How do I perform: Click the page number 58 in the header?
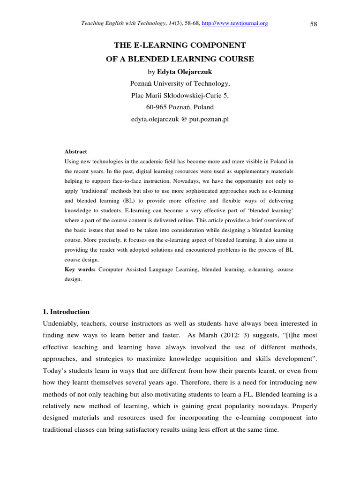pos(314,24)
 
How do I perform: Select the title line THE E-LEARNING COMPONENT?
pos(180,45)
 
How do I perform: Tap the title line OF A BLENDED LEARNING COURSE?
pos(180,59)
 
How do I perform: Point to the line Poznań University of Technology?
pos(180,84)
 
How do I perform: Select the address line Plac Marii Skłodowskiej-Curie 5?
pos(180,96)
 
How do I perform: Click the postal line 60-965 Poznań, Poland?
pos(180,107)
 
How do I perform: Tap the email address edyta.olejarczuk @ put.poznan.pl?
pos(180,120)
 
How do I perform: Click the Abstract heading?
pos(75,151)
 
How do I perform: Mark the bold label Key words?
pos(80,270)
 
